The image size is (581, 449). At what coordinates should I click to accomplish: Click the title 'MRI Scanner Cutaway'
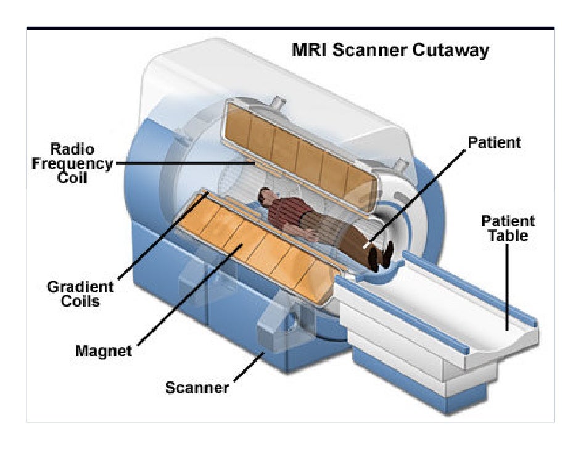tap(390, 51)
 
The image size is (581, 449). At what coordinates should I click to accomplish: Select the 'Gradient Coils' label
tap(81, 294)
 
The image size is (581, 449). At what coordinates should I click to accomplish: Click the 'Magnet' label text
tap(104, 351)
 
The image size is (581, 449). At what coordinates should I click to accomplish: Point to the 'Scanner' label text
tap(197, 388)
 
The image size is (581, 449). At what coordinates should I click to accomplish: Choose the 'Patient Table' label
tap(508, 228)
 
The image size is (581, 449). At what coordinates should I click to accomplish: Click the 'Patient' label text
tap(494, 142)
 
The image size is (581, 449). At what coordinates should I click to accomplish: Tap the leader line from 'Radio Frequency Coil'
tap(185, 164)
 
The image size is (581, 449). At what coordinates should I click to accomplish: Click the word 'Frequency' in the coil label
tap(81, 164)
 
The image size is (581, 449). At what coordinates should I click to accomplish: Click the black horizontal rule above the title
tap(290, 28)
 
